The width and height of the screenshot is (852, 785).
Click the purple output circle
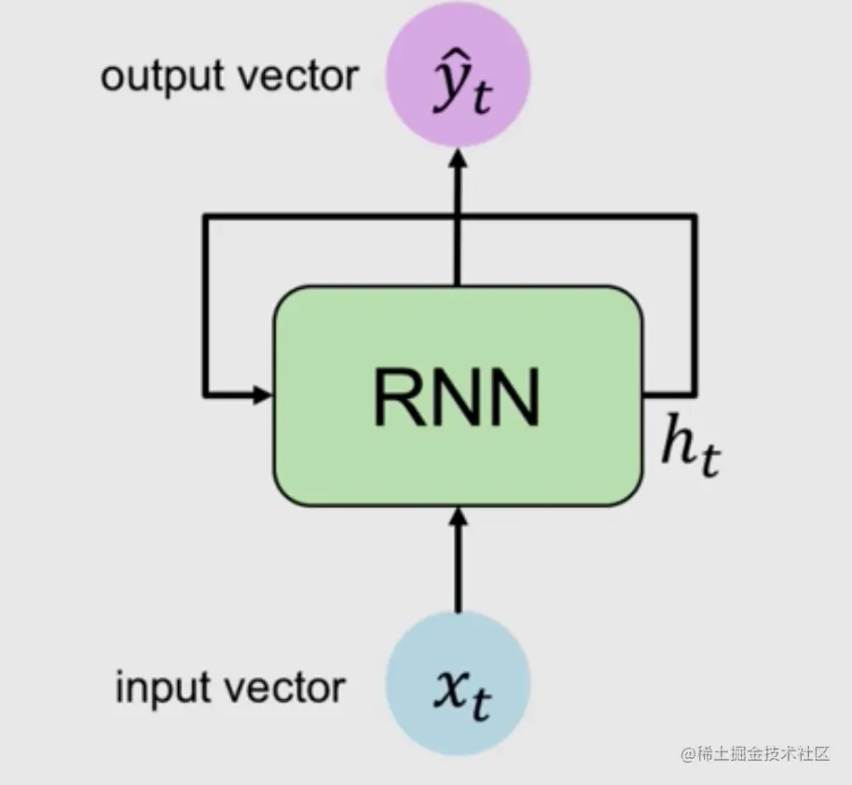click(x=457, y=75)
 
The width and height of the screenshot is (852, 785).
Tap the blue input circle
click(x=457, y=685)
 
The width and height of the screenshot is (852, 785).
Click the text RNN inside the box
click(x=457, y=396)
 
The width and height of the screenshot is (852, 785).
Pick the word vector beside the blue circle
click(x=291, y=688)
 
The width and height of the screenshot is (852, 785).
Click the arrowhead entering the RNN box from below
click(x=457, y=515)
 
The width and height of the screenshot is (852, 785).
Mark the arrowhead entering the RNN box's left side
click(x=262, y=394)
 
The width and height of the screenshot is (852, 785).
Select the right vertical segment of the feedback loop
click(x=693, y=308)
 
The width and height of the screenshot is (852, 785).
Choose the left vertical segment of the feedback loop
click(x=205, y=308)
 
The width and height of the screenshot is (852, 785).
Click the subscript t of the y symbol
click(x=481, y=99)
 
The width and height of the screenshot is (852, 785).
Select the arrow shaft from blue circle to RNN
click(x=457, y=573)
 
